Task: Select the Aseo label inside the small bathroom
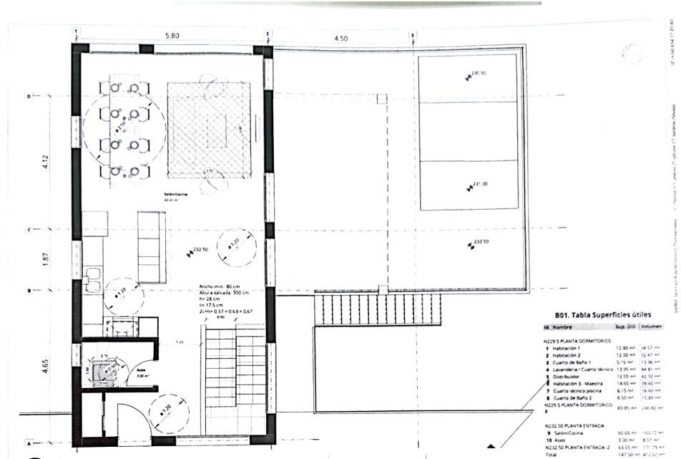142,372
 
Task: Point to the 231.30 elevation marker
477,185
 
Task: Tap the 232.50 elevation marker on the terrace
478,244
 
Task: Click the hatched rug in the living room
209,129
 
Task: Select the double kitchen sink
93,279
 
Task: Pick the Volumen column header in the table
651,327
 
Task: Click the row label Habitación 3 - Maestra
579,383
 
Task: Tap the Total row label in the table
553,454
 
